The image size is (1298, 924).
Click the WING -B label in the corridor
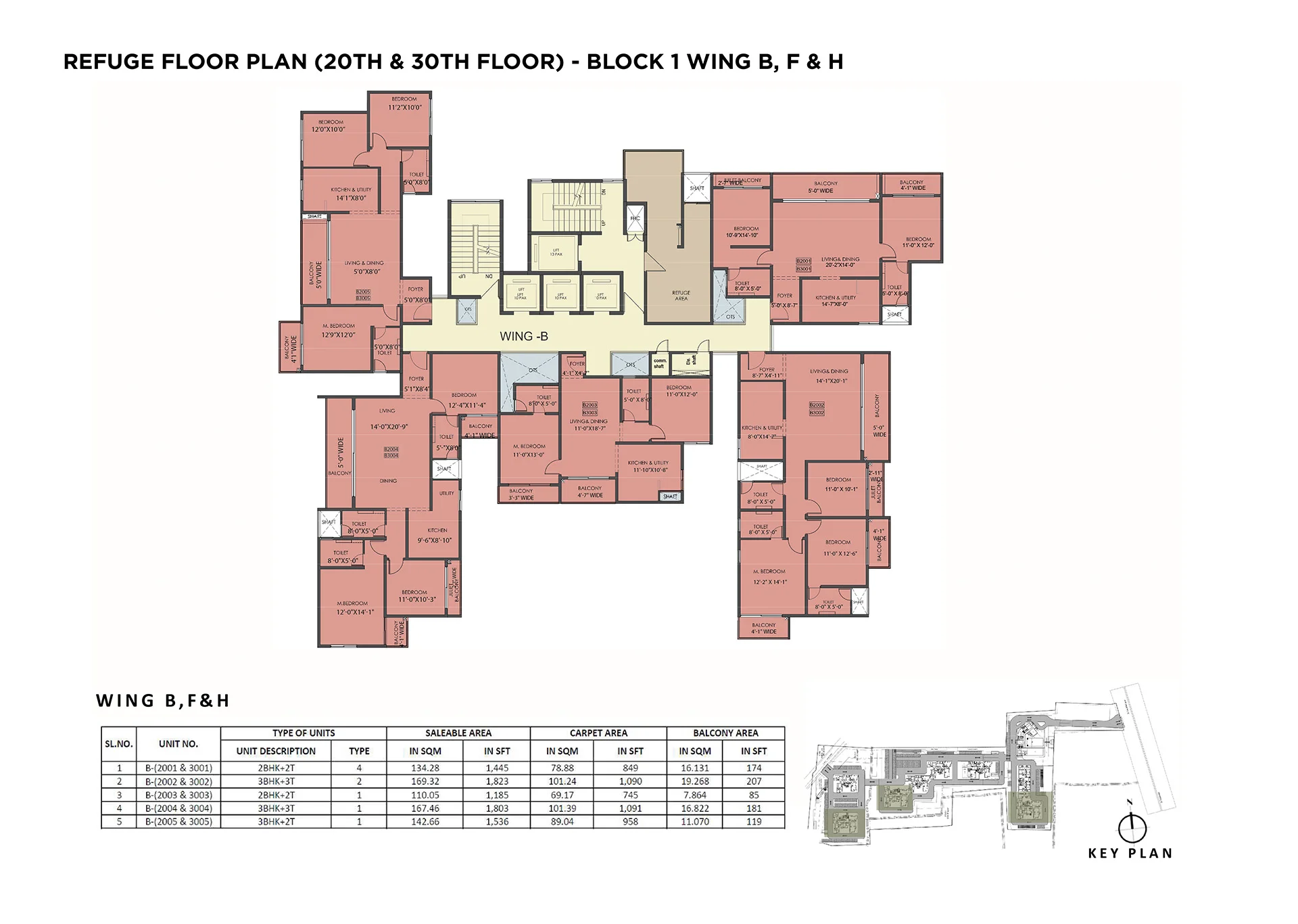pyautogui.click(x=524, y=336)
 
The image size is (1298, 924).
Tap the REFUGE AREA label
pyautogui.click(x=681, y=296)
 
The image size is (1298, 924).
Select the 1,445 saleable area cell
pyautogui.click(x=497, y=768)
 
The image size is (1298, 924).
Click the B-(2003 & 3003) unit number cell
pyautogui.click(x=178, y=795)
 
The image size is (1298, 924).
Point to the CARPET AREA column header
pyautogui.click(x=598, y=733)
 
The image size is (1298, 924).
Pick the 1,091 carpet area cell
pyautogui.click(x=630, y=808)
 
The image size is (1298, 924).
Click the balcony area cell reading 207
pyautogui.click(x=754, y=781)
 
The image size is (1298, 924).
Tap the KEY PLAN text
pyautogui.click(x=1130, y=854)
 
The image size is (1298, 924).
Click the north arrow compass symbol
pyautogui.click(x=1132, y=827)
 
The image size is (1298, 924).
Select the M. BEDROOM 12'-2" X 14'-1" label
pyautogui.click(x=769, y=576)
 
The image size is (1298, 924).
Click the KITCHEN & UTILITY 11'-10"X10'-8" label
pyautogui.click(x=648, y=466)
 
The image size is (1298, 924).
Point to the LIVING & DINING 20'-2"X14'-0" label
pyautogui.click(x=840, y=262)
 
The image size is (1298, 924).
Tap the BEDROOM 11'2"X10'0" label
pyautogui.click(x=404, y=103)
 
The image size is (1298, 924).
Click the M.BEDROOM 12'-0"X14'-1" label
pyautogui.click(x=354, y=607)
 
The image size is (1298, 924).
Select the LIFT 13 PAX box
pyautogui.click(x=556, y=252)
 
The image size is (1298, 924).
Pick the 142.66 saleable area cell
pyautogui.click(x=425, y=822)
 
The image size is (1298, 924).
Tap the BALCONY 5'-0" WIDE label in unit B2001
pyautogui.click(x=825, y=187)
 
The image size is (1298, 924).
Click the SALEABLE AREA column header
pyautogui.click(x=458, y=733)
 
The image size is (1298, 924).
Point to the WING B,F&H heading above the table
pyautogui.click(x=163, y=701)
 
